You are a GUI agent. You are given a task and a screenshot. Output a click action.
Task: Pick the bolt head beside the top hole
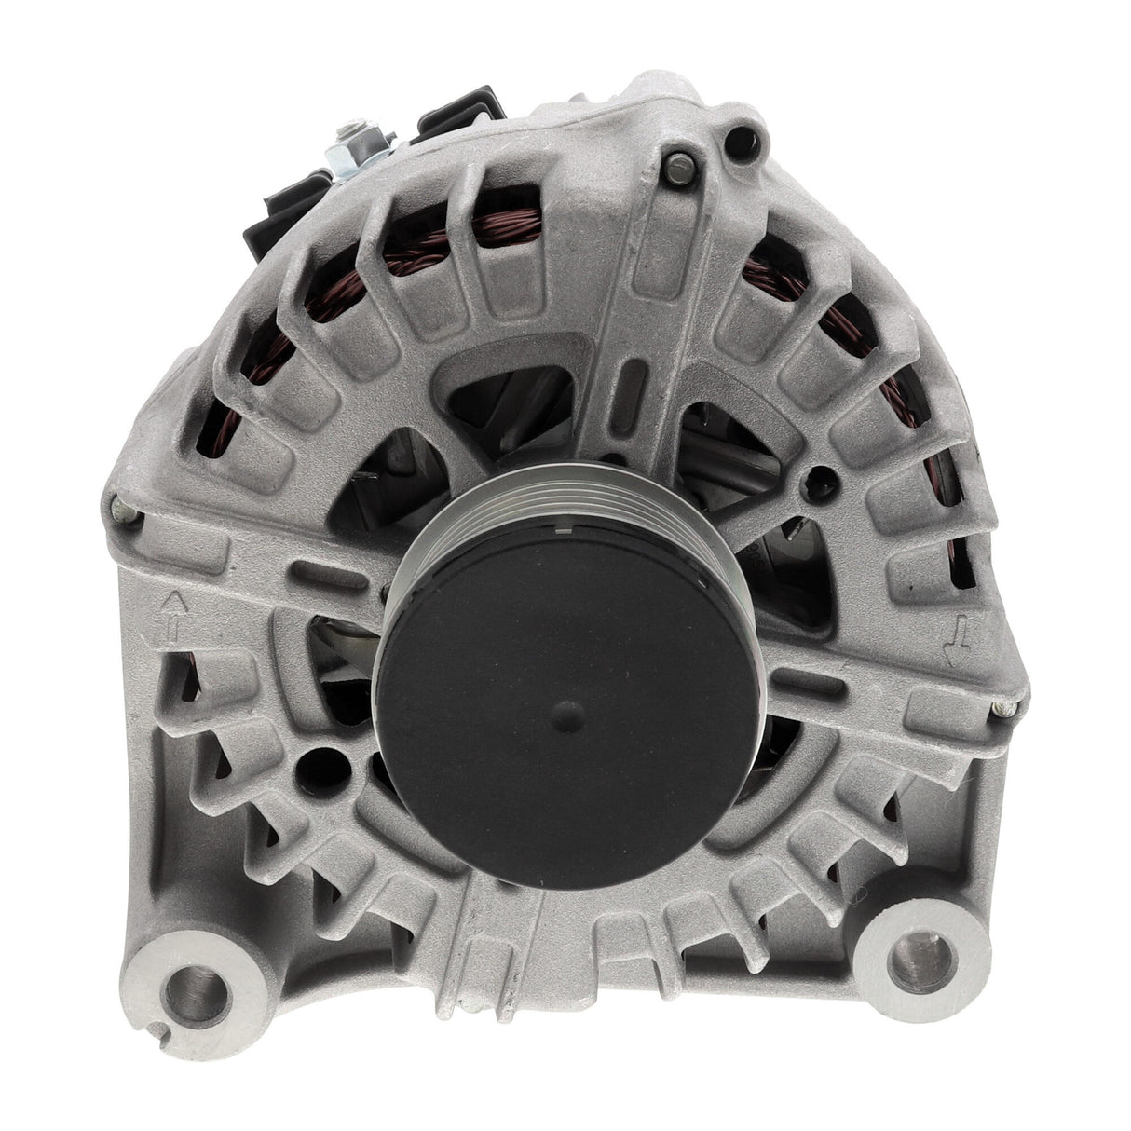(680, 168)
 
